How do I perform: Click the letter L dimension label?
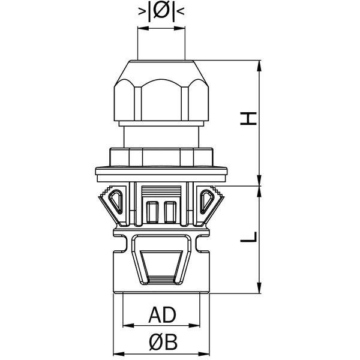pyautogui.click(x=249, y=236)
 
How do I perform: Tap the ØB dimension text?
pyautogui.click(x=162, y=343)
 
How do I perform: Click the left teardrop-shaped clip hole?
pyautogui.click(x=118, y=200)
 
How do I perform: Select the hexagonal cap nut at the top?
pyautogui.click(x=161, y=90)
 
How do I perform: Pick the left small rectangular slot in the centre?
pyautogui.click(x=152, y=212)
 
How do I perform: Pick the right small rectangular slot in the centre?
pyautogui.click(x=170, y=212)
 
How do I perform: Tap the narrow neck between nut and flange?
pyautogui.click(x=161, y=135)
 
